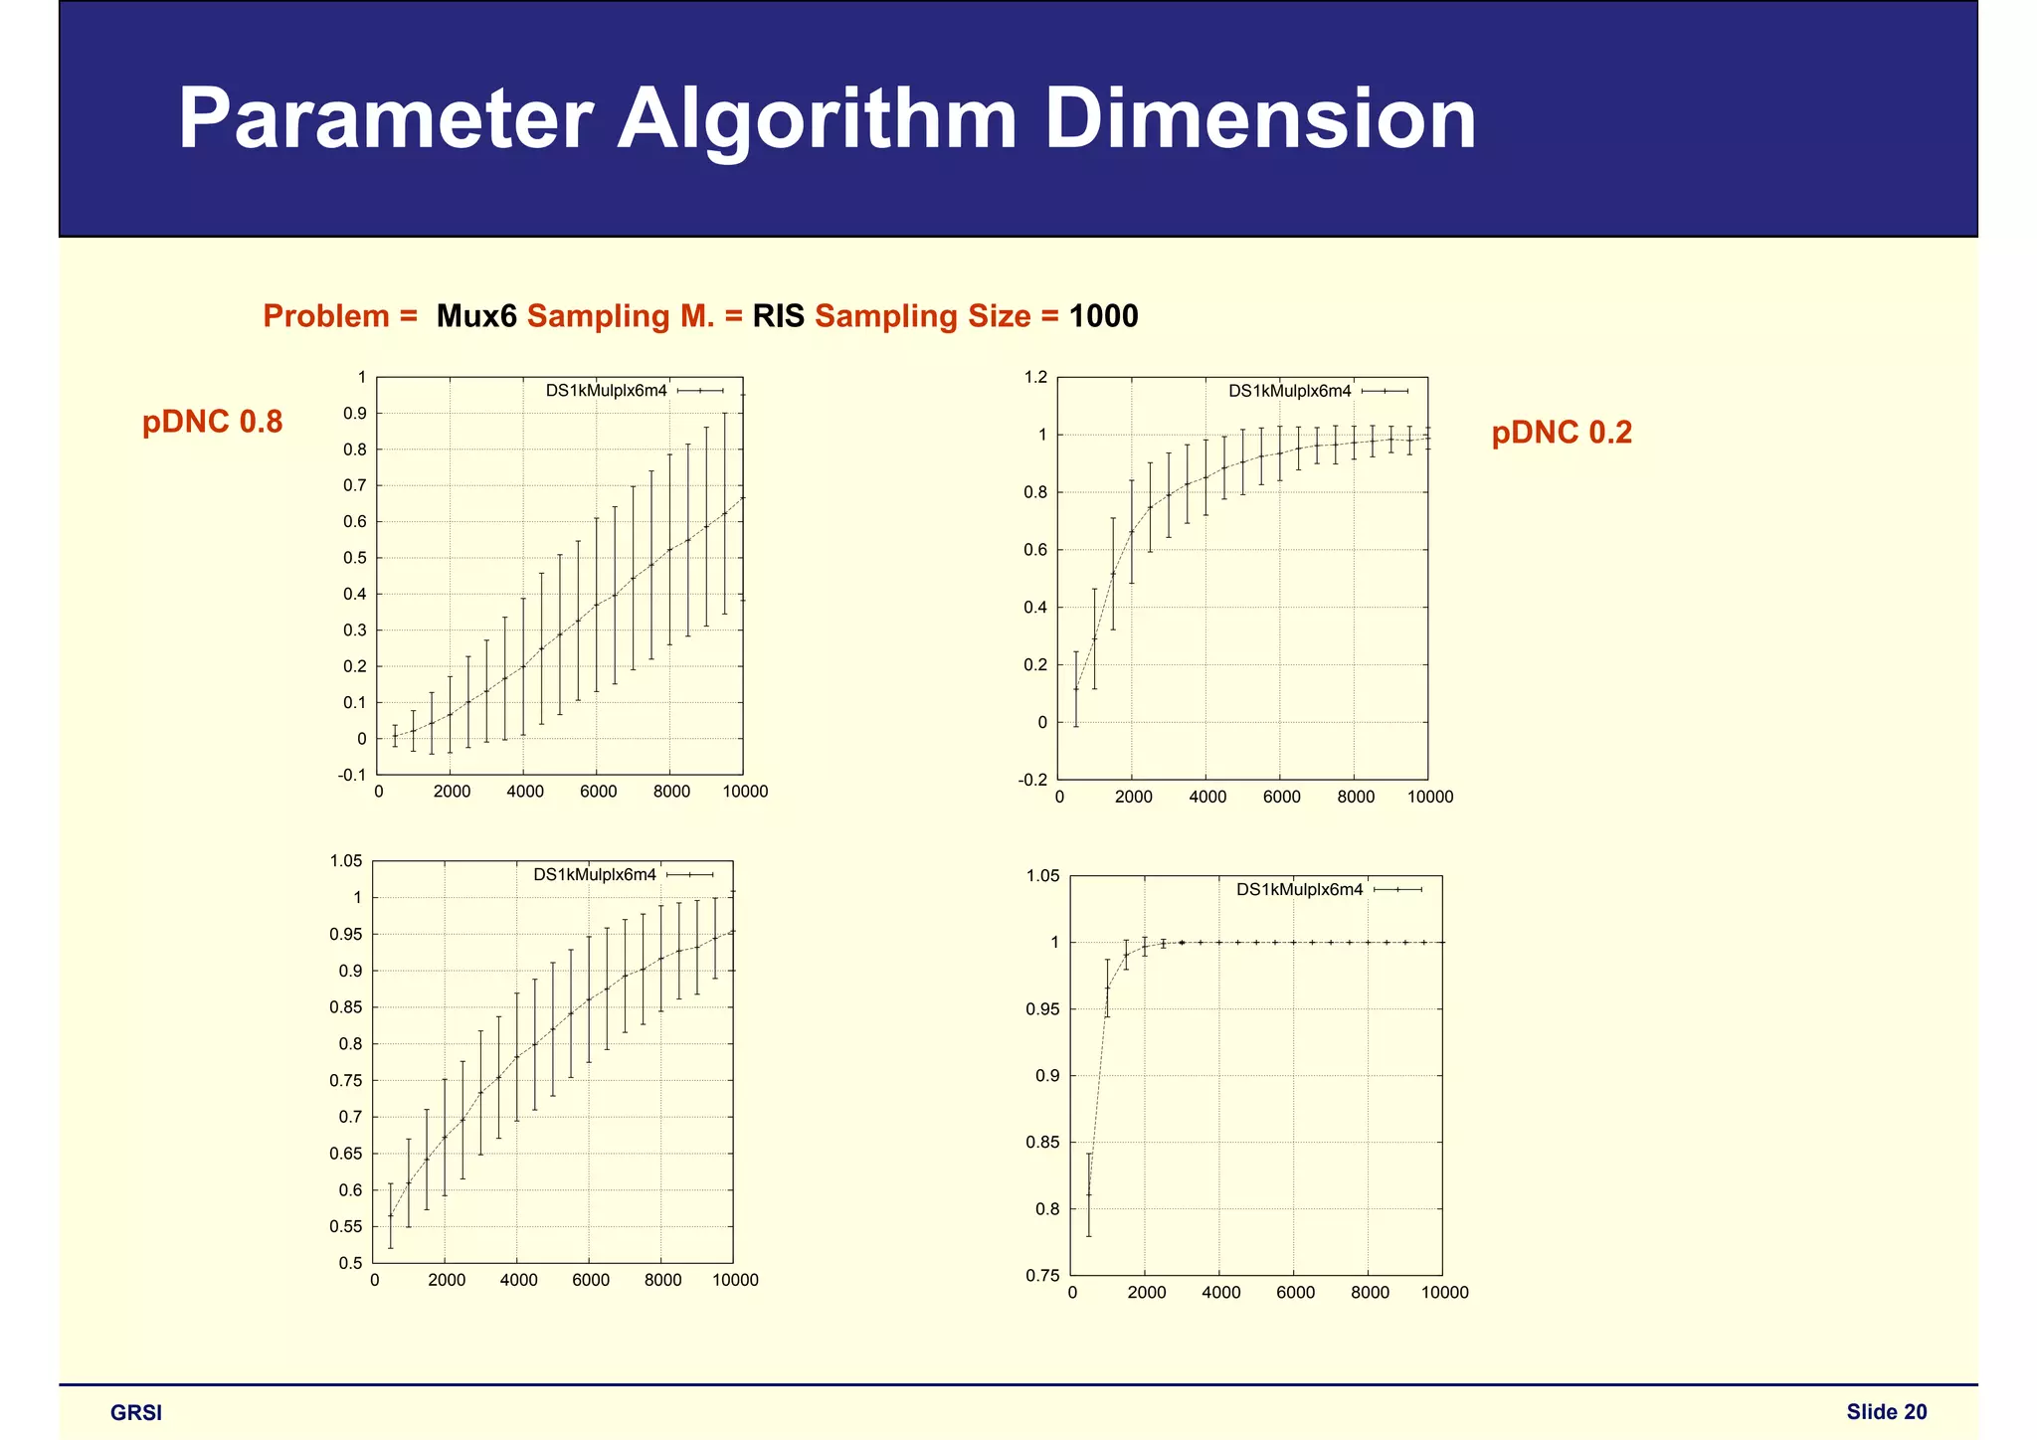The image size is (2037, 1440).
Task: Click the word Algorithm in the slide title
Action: [817, 119]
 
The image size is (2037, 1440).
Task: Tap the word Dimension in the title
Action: [1260, 119]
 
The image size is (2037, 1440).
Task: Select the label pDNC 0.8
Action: [213, 422]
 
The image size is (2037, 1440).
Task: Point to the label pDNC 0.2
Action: [1562, 433]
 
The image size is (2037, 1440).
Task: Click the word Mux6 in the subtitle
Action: [476, 316]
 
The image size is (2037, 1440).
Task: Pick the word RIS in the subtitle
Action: [778, 316]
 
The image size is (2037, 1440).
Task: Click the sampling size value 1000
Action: [1103, 316]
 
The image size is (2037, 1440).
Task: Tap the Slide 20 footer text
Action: [1886, 1412]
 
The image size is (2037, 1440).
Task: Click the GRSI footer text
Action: [136, 1413]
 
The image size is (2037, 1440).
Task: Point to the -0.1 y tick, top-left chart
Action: [353, 775]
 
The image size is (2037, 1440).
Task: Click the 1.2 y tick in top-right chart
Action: [1035, 377]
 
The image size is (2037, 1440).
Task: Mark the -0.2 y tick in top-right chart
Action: [1032, 780]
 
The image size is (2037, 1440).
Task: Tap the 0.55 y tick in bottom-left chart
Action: [346, 1227]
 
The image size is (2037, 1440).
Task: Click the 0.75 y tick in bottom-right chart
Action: [1042, 1276]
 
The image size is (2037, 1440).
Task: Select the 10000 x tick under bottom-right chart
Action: [1444, 1293]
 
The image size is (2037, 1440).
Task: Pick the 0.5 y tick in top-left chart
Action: [355, 558]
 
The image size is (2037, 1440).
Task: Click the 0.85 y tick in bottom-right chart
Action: [1042, 1143]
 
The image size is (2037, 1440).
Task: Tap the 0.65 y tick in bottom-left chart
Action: [346, 1154]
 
